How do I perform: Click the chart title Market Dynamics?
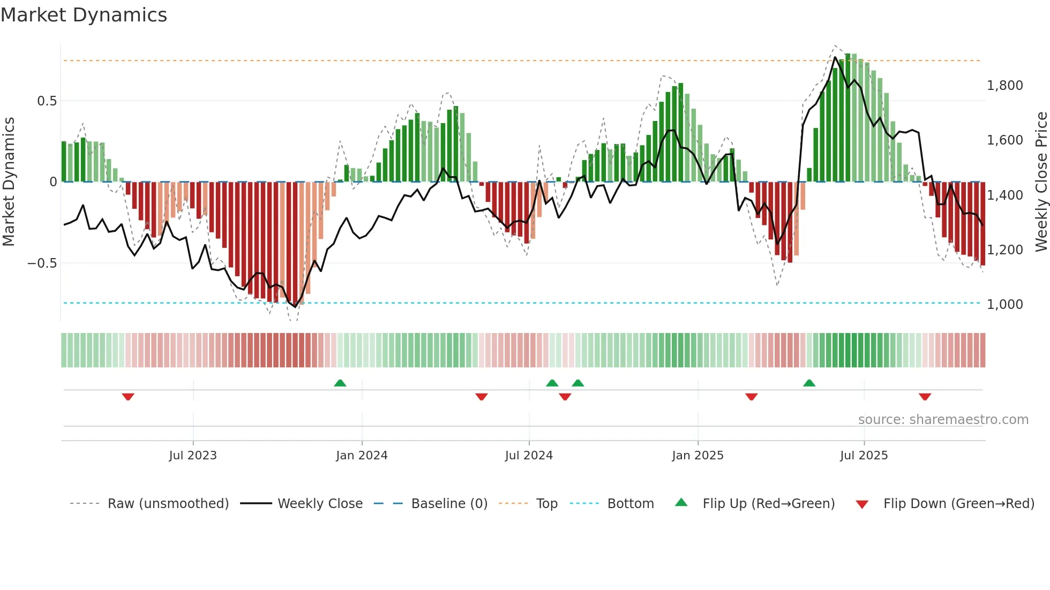pos(84,15)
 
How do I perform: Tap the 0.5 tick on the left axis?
pos(47,101)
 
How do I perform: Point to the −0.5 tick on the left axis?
pos(42,263)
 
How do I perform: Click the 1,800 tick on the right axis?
pos(1004,86)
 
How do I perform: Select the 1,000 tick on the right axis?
pos(1004,305)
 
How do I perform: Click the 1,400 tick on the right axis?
pos(1004,195)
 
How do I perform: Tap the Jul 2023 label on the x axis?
pos(193,456)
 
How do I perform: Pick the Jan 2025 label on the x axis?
pos(697,456)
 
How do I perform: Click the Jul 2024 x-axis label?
pos(529,456)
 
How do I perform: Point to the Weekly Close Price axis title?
pos(1041,182)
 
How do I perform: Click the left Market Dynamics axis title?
pos(9,182)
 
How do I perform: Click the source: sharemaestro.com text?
pos(943,420)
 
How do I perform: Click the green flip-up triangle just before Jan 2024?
pos(340,383)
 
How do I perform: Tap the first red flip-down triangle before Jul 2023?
pos(128,397)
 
